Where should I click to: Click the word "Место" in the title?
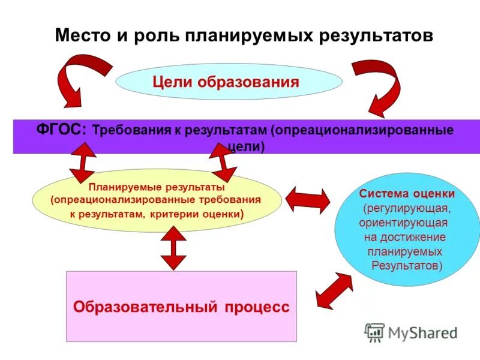coord(83,35)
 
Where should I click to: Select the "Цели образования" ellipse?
coord(228,82)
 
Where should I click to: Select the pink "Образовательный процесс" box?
coord(181,307)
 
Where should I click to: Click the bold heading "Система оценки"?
coord(407,195)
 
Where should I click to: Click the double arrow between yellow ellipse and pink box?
coord(173,248)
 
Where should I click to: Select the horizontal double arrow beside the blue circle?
coord(307,200)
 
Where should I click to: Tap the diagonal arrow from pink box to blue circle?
coord(334,290)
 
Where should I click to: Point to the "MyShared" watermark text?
coord(422,332)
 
